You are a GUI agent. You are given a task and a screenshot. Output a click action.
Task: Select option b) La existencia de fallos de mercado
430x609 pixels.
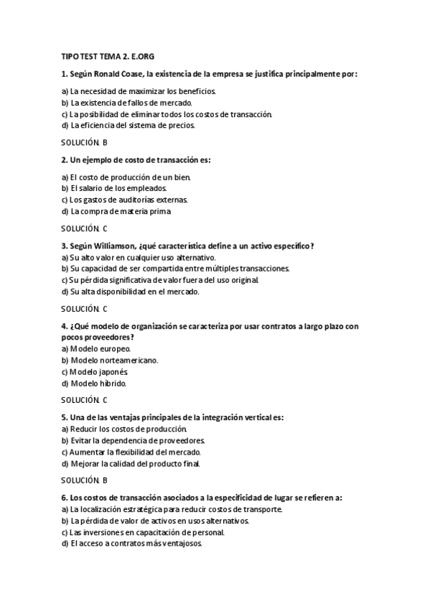coord(127,103)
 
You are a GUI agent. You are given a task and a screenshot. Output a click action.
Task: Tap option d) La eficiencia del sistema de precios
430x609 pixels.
coord(128,124)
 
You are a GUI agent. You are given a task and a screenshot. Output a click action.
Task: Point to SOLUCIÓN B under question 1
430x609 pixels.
coord(84,142)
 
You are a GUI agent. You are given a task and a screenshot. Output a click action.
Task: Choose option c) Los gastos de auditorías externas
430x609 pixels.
coord(129,200)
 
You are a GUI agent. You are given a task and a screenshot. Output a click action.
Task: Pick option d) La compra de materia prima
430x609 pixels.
coord(116,211)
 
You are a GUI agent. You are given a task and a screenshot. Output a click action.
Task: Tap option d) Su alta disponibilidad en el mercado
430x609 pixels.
coord(130,292)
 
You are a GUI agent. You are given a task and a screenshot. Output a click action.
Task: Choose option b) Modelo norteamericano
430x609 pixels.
coord(110,360)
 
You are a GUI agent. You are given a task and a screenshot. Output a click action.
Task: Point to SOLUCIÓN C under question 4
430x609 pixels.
coord(84,399)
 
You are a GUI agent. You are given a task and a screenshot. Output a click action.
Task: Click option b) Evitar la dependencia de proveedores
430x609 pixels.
coord(134,440)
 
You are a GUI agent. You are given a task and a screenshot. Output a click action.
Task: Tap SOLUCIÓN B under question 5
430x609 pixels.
coord(84,479)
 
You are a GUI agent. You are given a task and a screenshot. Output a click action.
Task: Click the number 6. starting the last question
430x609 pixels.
coord(64,496)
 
